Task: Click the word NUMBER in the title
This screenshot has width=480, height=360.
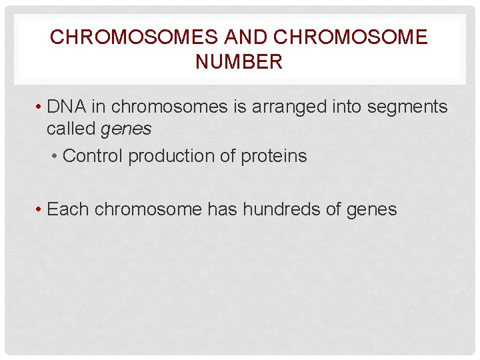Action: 239,63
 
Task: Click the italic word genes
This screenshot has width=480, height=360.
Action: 126,129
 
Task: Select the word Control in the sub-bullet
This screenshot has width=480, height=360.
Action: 93,156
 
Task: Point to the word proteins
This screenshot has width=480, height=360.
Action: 275,156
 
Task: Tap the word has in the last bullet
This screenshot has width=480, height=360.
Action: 222,209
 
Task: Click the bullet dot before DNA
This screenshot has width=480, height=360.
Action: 40,107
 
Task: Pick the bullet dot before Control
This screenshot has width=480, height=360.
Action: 55,157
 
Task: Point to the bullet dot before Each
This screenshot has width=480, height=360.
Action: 40,210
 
